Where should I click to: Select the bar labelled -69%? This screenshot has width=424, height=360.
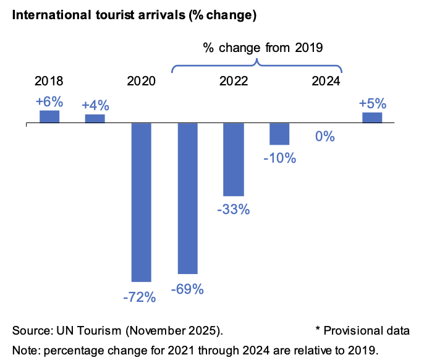187,198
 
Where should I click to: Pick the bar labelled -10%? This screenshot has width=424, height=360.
279,134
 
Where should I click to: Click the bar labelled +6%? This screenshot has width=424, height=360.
49,117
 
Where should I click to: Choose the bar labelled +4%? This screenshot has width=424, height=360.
95,119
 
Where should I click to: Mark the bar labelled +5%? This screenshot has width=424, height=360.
372,118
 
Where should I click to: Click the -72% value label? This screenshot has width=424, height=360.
140,298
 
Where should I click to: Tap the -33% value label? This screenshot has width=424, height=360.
233,210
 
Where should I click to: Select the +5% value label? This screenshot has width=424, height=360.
372,103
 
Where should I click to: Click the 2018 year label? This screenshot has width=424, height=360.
49,81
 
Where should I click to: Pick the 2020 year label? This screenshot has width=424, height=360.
141,81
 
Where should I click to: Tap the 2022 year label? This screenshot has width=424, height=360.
233,81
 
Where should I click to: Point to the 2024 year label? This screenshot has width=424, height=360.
326,81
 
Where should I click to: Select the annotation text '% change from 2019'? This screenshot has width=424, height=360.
263,48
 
